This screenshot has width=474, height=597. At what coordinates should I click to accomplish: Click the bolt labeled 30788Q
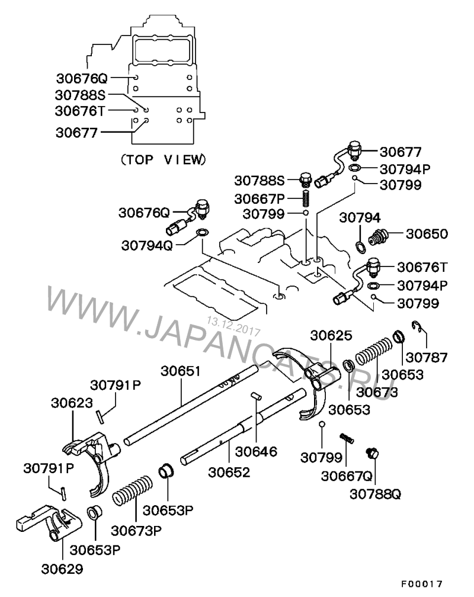click(x=373, y=453)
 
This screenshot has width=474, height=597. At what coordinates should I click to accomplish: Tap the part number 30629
click(x=62, y=570)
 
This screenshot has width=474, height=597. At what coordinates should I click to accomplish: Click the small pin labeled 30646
click(x=257, y=396)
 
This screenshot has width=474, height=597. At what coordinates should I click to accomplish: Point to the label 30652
click(x=229, y=472)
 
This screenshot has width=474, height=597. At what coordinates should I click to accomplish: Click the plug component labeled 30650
click(x=379, y=237)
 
